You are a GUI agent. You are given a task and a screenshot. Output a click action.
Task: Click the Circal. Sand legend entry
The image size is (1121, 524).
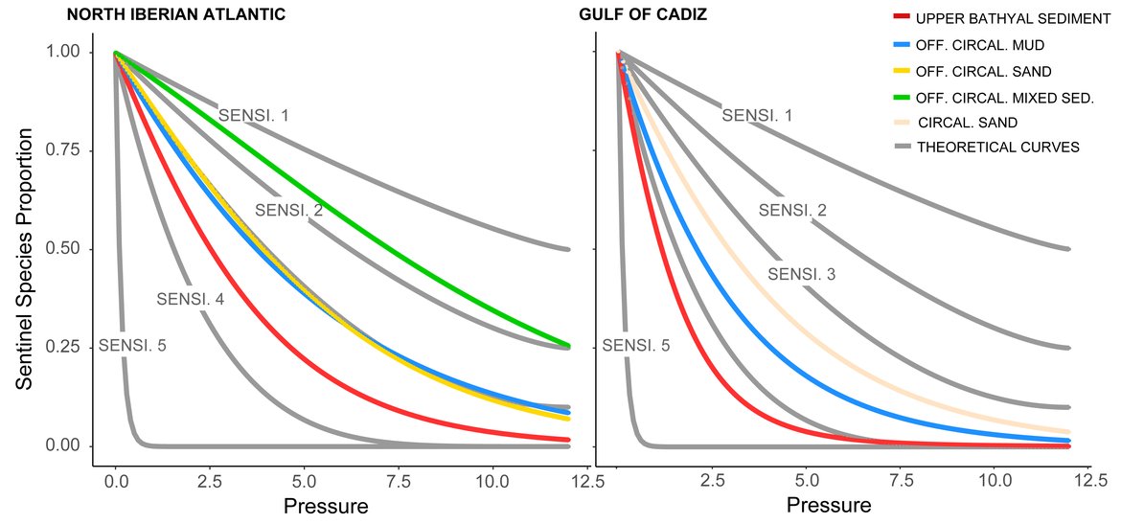(966, 123)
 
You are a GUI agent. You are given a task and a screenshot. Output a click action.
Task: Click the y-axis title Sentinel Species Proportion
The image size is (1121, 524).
(25, 249)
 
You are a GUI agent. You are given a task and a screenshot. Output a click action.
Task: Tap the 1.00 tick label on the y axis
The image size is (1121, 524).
(63, 52)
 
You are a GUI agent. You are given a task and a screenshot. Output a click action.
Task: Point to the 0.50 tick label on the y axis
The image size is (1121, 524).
(63, 249)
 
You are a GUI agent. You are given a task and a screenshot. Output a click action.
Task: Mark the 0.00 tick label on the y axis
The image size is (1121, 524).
(63, 446)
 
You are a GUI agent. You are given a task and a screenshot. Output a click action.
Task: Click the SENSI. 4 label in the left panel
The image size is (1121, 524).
(190, 299)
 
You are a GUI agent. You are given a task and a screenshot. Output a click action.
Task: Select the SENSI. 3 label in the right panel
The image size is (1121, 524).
(802, 275)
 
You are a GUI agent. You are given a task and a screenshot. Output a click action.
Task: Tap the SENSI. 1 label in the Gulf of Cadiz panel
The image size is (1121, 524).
(757, 116)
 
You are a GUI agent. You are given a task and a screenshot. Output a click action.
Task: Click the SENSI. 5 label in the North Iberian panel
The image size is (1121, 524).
(132, 346)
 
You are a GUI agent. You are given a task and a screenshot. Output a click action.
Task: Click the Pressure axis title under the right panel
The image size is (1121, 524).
(828, 505)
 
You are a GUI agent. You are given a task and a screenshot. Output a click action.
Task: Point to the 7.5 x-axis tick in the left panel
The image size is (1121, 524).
(398, 480)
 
